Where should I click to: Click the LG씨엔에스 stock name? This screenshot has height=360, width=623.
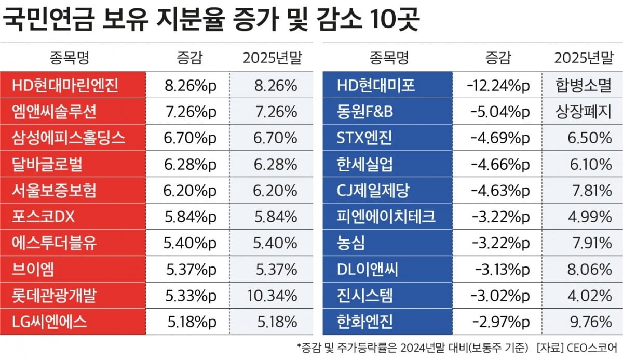pyautogui.click(x=49, y=322)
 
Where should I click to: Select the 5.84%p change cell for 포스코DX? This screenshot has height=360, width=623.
pyautogui.click(x=189, y=217)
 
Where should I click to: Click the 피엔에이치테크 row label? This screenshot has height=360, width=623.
pyautogui.click(x=386, y=217)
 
